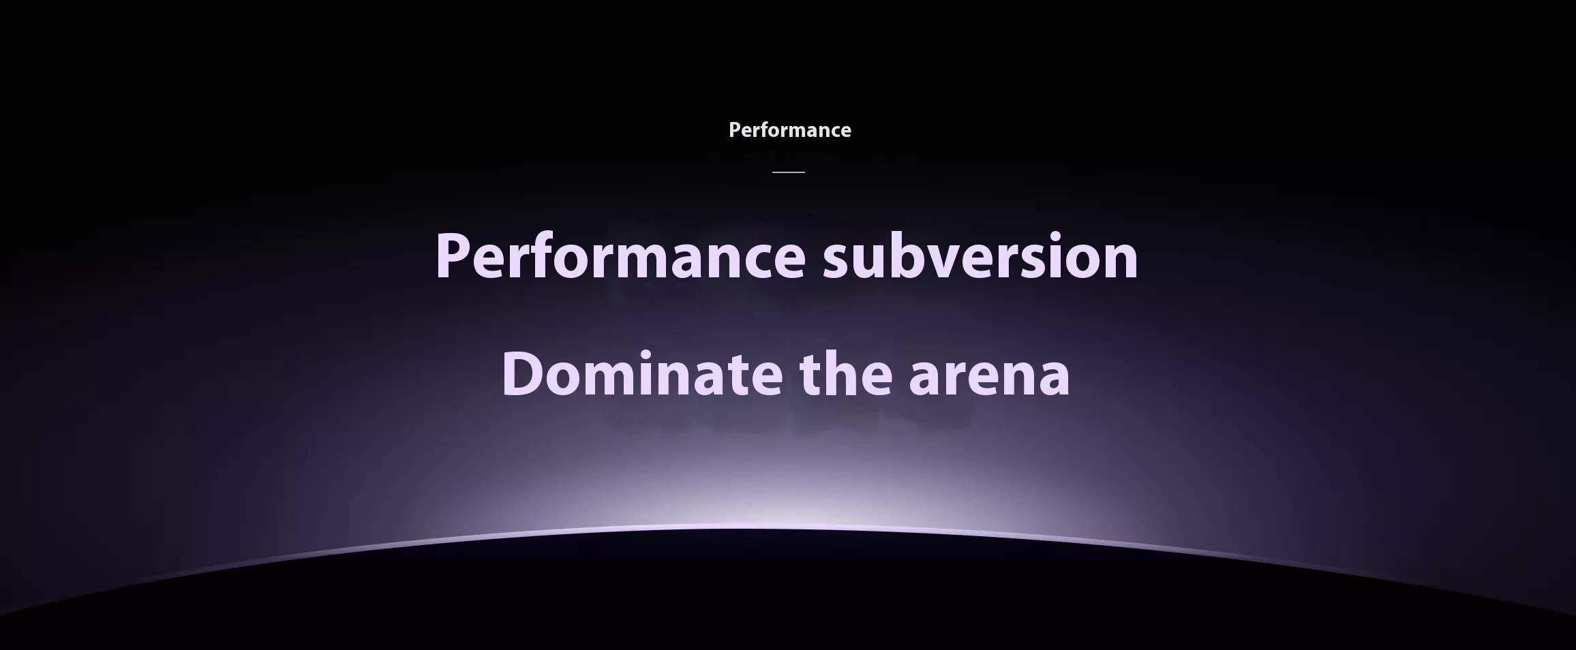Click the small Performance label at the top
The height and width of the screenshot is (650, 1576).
789,130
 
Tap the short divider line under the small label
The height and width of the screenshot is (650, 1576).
789,172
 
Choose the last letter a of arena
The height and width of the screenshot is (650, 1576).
1052,378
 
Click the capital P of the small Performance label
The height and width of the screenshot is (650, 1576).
735,130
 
